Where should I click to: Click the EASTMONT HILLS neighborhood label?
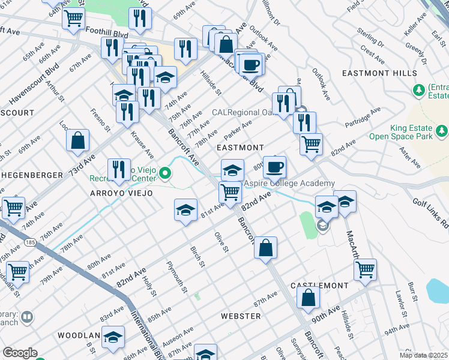coord(379,73)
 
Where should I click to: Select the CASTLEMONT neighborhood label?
coord(319,285)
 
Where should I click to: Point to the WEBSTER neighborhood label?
coord(240,316)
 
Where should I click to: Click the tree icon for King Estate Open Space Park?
coord(442,130)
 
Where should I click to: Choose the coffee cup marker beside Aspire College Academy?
coord(275,167)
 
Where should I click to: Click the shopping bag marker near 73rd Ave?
coord(79,141)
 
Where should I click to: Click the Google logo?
coord(19,353)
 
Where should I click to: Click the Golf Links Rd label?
coord(430,214)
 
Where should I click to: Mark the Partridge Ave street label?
coord(363,118)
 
